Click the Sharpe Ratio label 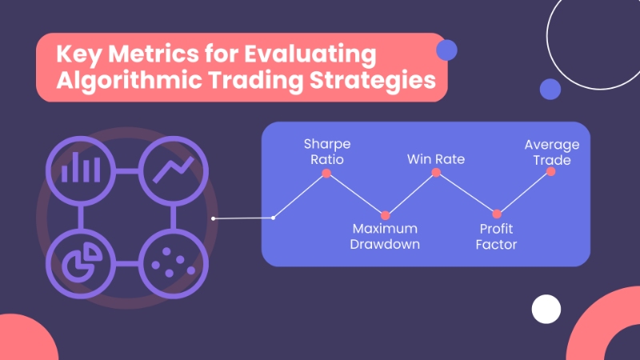tap(326, 151)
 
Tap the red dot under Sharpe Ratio tap(326, 174)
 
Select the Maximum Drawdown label tap(385, 237)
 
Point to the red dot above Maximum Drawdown tap(386, 215)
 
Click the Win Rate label tap(436, 159)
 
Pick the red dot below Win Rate tap(436, 173)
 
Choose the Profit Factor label tap(496, 237)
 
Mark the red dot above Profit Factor tap(497, 214)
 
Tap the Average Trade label tap(552, 151)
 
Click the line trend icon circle tap(173, 169)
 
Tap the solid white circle tap(546, 309)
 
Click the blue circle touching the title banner tap(446, 51)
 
